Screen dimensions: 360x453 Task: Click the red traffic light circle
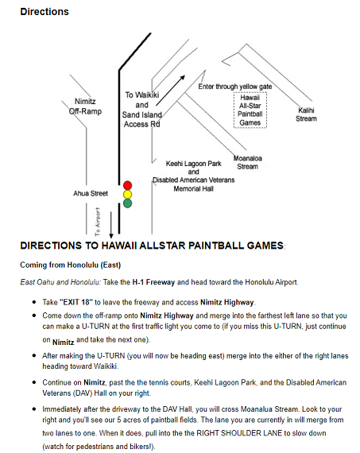click(127, 185)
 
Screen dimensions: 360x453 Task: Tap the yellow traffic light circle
click(127, 195)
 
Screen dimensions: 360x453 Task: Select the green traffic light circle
click(127, 203)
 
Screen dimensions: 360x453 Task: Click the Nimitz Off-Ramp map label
click(85, 106)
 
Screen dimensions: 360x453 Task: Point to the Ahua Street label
click(91, 193)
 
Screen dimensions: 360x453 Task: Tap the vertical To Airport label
click(98, 221)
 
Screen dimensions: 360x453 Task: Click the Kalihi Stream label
click(306, 114)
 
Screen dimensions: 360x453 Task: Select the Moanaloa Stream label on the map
click(248, 162)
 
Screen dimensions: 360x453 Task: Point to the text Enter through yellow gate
click(235, 87)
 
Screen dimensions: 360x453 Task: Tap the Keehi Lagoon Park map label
click(194, 164)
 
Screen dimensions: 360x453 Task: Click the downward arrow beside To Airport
click(111, 225)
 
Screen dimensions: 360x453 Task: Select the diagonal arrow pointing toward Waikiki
click(171, 91)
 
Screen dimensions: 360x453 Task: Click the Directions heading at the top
click(45, 12)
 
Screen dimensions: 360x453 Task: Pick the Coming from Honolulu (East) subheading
click(70, 265)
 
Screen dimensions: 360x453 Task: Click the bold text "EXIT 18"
click(76, 302)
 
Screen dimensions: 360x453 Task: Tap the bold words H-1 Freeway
click(153, 282)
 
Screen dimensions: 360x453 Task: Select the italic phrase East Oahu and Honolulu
click(60, 282)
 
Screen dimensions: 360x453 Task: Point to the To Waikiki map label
click(142, 95)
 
